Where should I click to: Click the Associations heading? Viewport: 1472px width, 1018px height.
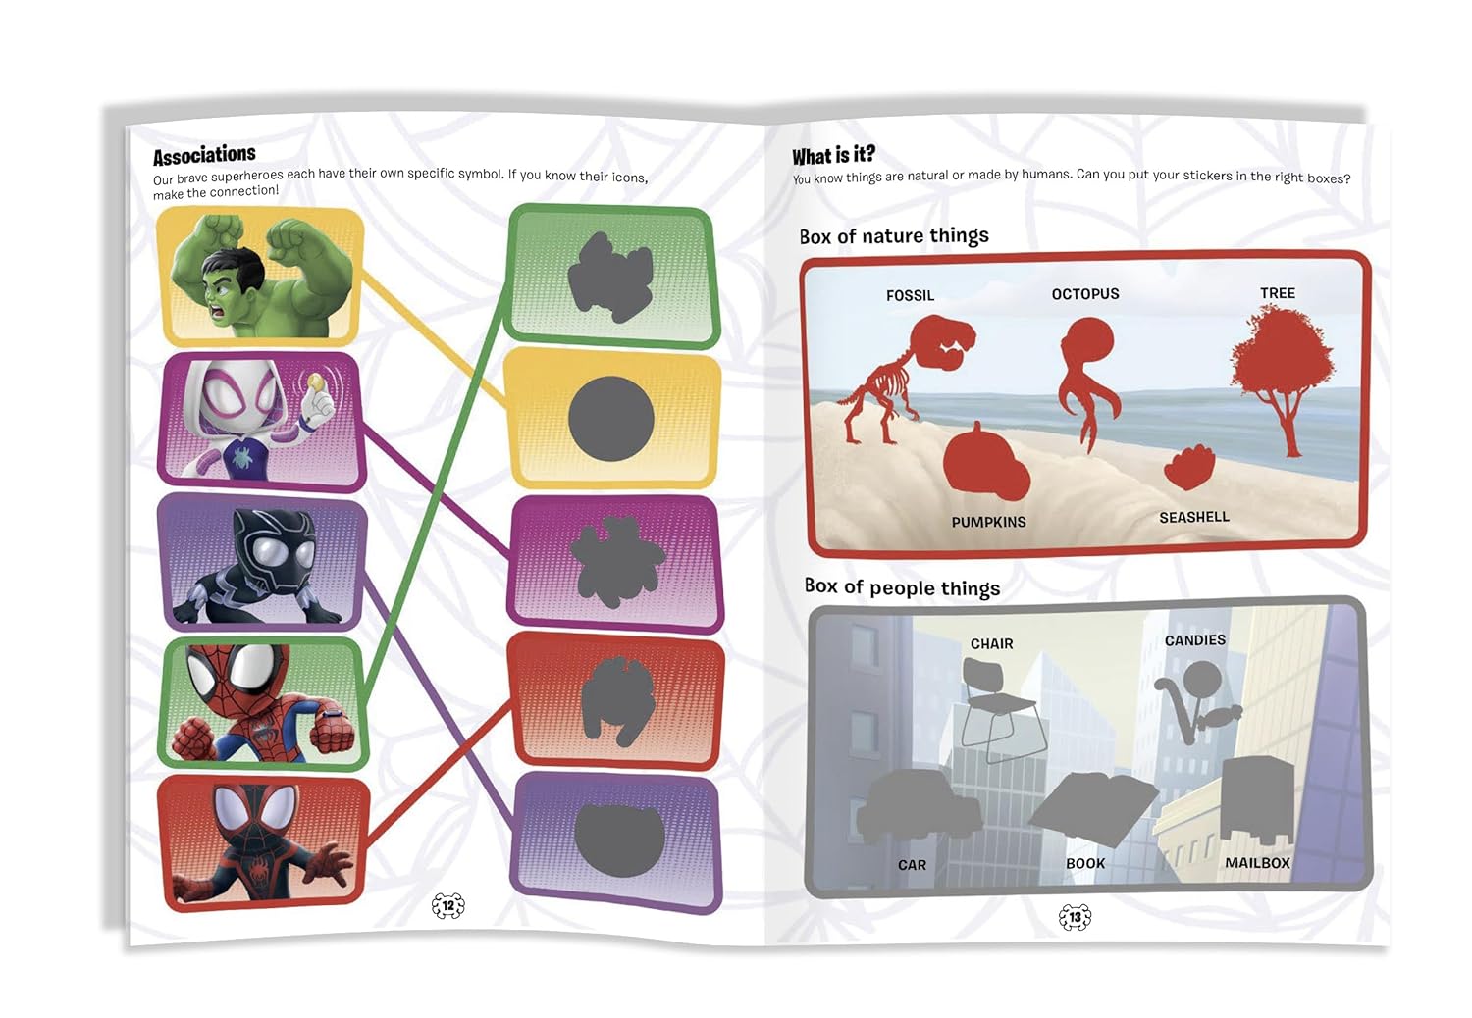click(204, 155)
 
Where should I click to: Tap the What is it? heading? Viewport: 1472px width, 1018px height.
click(833, 156)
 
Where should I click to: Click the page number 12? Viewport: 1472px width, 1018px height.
click(448, 905)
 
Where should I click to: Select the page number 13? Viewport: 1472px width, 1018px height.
click(1076, 917)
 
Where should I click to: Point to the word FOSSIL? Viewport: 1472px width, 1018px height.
click(910, 295)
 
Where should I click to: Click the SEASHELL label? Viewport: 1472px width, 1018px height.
click(1194, 518)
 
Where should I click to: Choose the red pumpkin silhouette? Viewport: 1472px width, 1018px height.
click(985, 463)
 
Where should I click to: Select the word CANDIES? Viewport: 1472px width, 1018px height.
click(1194, 639)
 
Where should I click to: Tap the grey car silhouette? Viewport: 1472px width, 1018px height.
click(918, 808)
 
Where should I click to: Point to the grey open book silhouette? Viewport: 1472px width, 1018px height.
click(1092, 809)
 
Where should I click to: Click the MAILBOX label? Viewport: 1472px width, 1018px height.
click(1257, 863)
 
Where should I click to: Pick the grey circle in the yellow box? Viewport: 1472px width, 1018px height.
click(610, 419)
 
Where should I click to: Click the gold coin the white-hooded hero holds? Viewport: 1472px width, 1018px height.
click(316, 382)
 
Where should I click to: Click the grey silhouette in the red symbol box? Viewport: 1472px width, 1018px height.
click(617, 701)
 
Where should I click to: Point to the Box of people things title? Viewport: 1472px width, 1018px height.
click(902, 586)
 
